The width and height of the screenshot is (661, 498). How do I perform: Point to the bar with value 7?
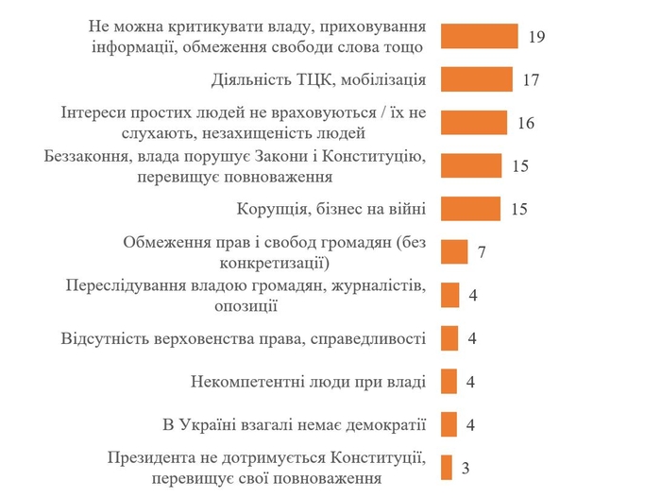pyautogui.click(x=454, y=252)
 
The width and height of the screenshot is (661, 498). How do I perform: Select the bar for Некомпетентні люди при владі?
pyautogui.click(x=449, y=382)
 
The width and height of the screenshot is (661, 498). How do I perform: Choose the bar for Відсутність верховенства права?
pyautogui.click(x=449, y=338)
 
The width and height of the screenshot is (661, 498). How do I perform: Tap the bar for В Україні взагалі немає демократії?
pyautogui.click(x=449, y=424)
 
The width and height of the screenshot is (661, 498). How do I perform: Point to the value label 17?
pyautogui.click(x=530, y=80)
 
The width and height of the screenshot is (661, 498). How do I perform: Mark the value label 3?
pyautogui.click(x=466, y=468)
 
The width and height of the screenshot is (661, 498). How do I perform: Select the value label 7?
pyautogui.click(x=482, y=253)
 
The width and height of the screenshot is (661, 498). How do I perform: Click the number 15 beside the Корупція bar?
pyautogui.click(x=518, y=210)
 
